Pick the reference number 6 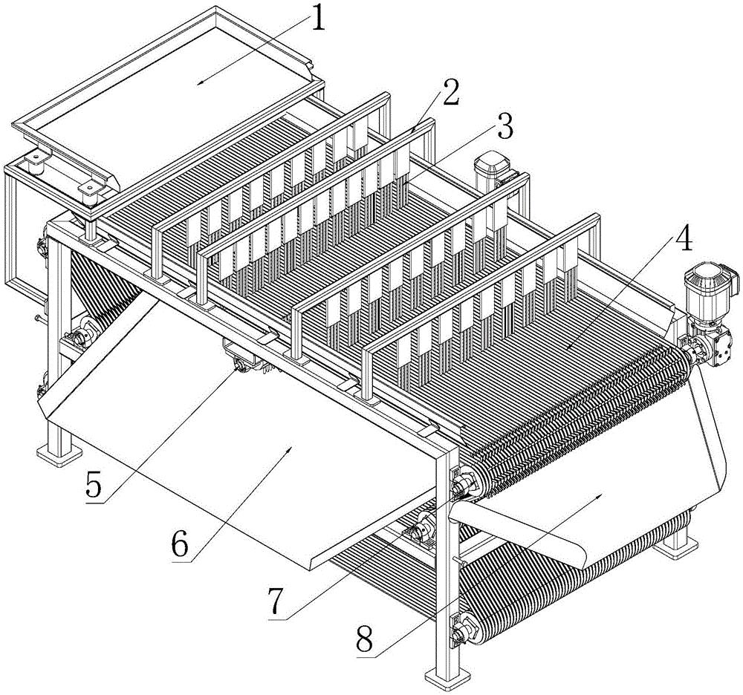[181, 546]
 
